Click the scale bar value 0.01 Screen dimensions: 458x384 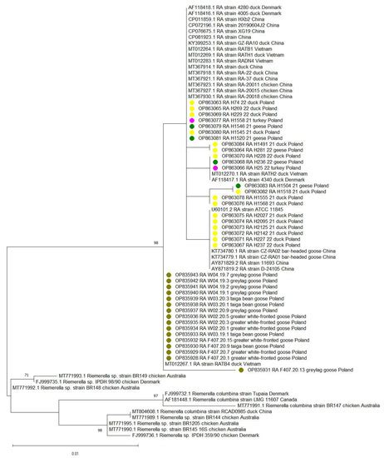[74, 453]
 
